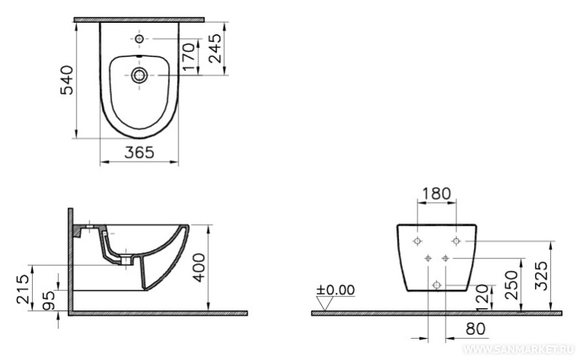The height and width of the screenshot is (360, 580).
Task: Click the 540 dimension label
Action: [67, 80]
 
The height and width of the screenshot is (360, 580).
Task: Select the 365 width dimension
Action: [139, 153]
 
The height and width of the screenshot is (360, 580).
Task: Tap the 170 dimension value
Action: [188, 56]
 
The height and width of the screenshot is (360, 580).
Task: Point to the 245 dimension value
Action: [214, 48]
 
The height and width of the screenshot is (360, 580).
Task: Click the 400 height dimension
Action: [199, 268]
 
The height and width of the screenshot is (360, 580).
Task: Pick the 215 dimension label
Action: [24, 289]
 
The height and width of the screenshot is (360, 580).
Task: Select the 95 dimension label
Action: [48, 300]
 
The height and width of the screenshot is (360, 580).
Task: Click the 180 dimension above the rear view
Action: [437, 194]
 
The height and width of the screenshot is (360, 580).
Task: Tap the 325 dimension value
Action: [542, 276]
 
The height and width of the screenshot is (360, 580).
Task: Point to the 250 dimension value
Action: [512, 285]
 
